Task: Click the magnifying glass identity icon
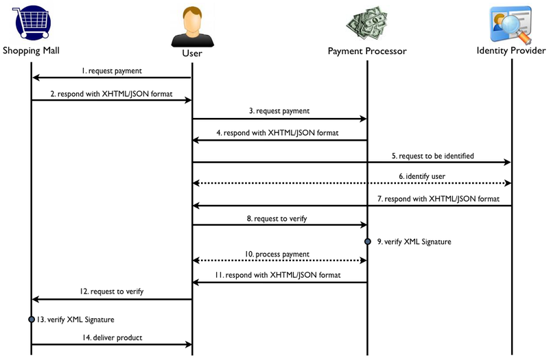[511, 24]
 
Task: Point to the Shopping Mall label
[31, 51]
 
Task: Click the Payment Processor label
[367, 51]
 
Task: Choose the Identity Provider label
[511, 51]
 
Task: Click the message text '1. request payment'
[111, 71]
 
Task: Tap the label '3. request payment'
[279, 110]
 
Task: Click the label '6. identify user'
[425, 176]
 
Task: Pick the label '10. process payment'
[278, 254]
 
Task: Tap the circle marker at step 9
[367, 241]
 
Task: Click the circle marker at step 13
[31, 320]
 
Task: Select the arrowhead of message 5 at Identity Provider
[508, 163]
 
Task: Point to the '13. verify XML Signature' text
[75, 320]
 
